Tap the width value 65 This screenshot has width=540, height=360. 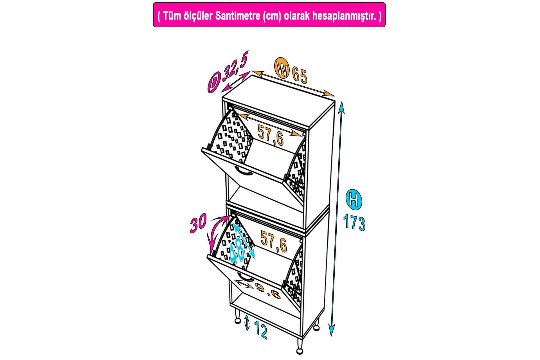(300, 75)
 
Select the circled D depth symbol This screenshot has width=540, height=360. (214, 83)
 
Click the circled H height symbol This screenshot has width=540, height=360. (354, 200)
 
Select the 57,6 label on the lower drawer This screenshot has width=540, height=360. (274, 241)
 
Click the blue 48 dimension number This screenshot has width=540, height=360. (237, 249)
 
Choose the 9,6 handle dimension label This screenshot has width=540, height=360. (267, 291)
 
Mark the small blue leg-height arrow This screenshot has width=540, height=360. (247, 323)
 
